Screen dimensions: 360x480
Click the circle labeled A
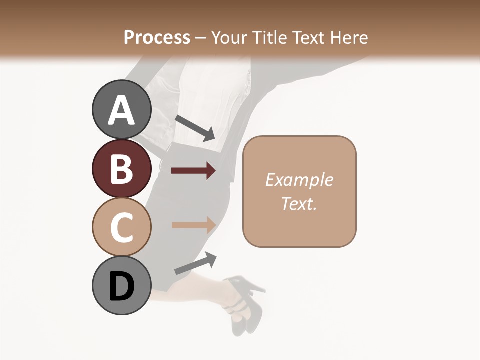click(121, 110)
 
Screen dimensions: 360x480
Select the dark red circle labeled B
click(121, 168)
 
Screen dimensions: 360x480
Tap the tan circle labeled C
click(121, 227)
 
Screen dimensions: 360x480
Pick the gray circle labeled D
click(121, 285)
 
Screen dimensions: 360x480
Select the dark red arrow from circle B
click(193, 171)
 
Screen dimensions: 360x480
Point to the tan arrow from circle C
click(193, 224)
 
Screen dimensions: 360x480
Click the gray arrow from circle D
click(195, 263)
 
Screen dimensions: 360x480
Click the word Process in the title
click(157, 37)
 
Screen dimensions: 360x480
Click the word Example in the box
click(299, 180)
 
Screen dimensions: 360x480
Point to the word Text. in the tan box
click(299, 203)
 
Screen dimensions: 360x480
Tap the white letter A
click(121, 110)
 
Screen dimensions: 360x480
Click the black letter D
click(121, 286)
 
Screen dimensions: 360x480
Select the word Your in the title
click(229, 37)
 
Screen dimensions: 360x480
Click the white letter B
click(121, 169)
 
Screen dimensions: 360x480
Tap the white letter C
click(121, 227)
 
